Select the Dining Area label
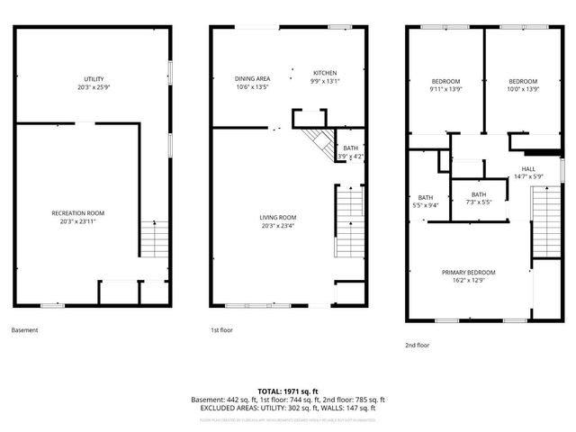(252, 79)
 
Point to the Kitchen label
(325, 73)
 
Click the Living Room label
(278, 217)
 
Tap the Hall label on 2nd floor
(528, 169)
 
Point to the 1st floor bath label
(350, 152)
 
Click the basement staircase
(154, 238)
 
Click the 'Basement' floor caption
(24, 330)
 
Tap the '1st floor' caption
(221, 330)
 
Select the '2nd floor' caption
(417, 345)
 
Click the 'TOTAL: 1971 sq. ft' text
(288, 391)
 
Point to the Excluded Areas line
(288, 408)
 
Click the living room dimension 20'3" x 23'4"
(278, 227)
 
